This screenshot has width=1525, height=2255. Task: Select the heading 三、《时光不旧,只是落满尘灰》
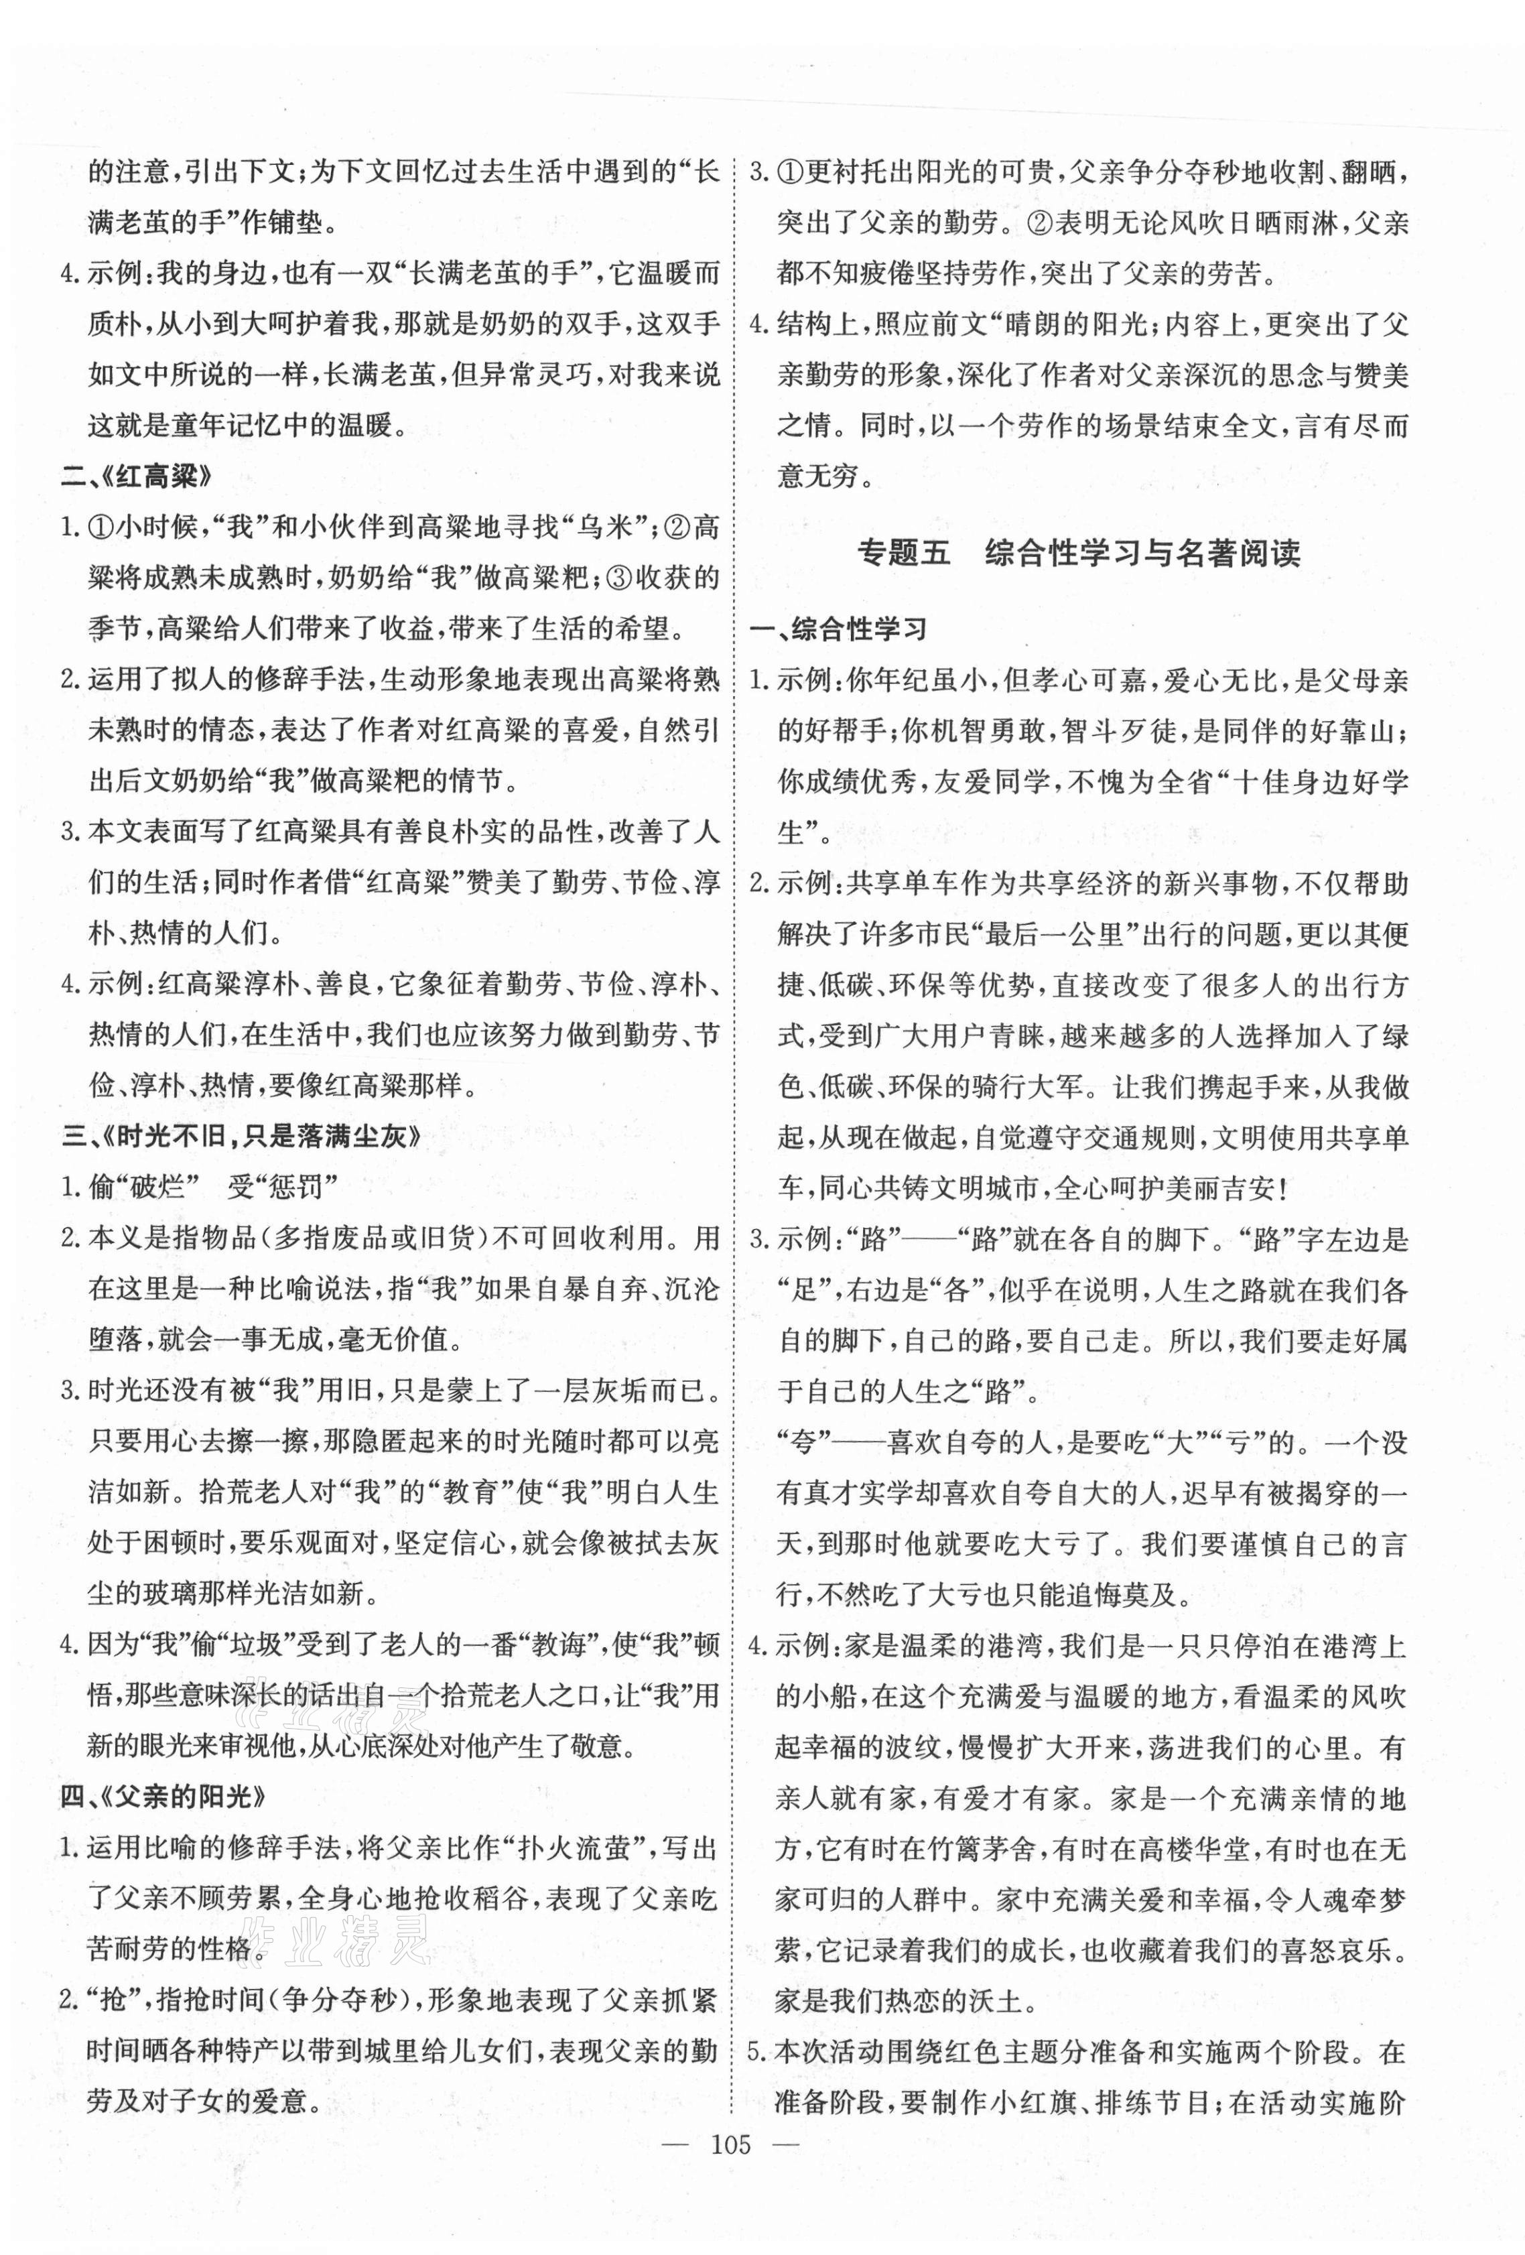point(242,1137)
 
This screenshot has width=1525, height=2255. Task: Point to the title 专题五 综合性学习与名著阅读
point(1078,554)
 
